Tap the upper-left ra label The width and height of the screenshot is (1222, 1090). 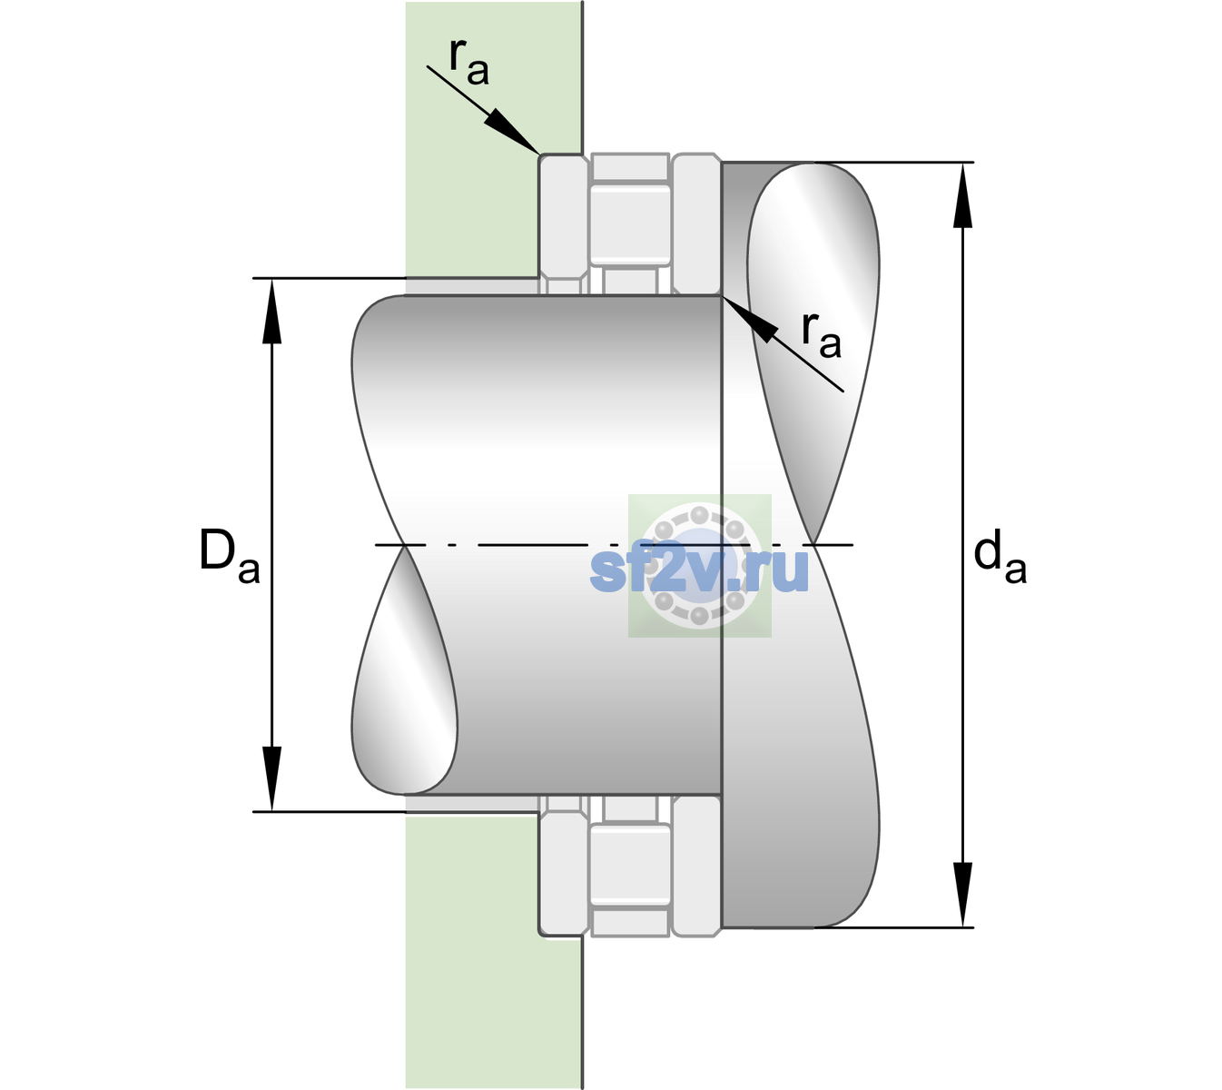pos(468,62)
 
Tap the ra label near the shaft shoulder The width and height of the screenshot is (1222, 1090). pos(821,335)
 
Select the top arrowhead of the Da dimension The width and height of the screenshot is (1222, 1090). pos(272,311)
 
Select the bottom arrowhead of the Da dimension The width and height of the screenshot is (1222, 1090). pos(272,779)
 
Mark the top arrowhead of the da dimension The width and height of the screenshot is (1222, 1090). pos(962,195)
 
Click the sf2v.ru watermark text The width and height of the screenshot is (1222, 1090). pos(699,570)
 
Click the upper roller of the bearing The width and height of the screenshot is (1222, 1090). pos(630,224)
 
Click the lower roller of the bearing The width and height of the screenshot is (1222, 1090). pos(630,865)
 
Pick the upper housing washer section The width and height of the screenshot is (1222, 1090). pos(564,224)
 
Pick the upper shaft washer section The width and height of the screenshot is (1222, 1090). pos(696,224)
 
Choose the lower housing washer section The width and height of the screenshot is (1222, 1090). pos(564,866)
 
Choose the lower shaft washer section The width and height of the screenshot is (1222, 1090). pos(696,866)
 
